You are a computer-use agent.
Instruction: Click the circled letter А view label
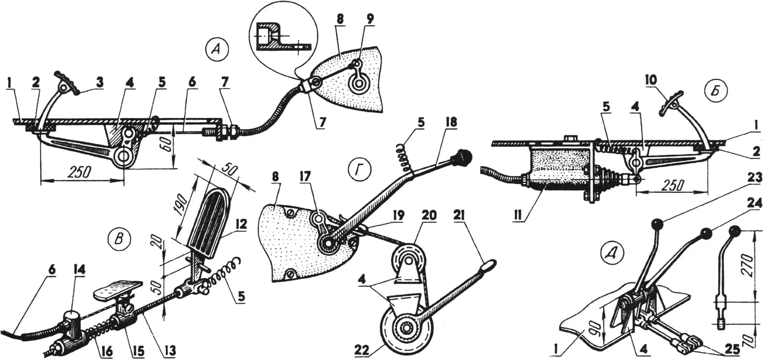click(x=216, y=50)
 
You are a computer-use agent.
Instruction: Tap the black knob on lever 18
click(x=462, y=156)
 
